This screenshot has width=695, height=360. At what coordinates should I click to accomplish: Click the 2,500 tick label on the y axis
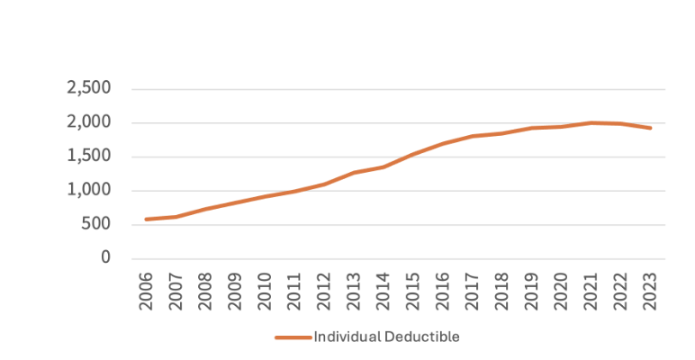[x=88, y=88]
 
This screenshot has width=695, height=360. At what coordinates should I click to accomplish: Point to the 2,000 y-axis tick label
[x=88, y=122]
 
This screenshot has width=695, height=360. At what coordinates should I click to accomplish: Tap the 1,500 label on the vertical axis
[x=88, y=157]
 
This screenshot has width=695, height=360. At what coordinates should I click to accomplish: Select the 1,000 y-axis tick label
[x=88, y=190]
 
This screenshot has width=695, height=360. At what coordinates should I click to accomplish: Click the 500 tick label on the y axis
[x=96, y=224]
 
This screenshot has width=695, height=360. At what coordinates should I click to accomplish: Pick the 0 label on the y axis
[x=105, y=258]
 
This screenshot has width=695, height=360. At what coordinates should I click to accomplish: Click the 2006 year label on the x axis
[x=146, y=289]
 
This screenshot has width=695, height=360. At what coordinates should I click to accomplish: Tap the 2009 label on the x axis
[x=235, y=289]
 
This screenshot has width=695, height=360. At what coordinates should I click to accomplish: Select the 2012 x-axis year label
[x=324, y=289]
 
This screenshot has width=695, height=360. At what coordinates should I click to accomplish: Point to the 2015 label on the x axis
[x=413, y=289]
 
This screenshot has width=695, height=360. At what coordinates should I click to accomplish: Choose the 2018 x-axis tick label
[x=502, y=289]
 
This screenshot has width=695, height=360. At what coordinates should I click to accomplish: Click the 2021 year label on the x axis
[x=591, y=289]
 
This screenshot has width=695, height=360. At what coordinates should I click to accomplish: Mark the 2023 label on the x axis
[x=651, y=289]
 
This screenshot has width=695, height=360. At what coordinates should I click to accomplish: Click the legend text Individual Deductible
[x=386, y=337]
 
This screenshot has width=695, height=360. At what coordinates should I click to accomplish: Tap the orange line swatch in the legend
[x=293, y=337]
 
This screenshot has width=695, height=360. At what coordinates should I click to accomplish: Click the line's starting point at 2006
[x=146, y=219]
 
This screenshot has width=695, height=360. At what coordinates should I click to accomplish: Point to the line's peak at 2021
[x=591, y=122]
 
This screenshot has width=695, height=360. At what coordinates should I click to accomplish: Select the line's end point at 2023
[x=651, y=128]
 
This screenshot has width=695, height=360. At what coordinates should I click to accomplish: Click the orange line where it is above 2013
[x=354, y=173]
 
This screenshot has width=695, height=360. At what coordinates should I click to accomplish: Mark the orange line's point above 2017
[x=473, y=137]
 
